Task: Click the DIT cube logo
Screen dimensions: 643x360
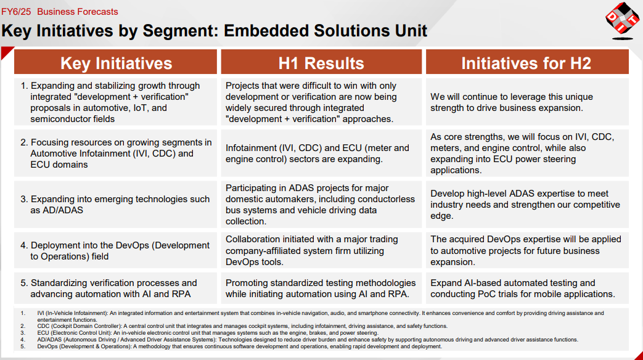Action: pyautogui.click(x=622, y=20)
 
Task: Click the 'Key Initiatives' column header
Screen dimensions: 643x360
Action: pyautogui.click(x=116, y=62)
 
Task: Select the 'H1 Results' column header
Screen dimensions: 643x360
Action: pyautogui.click(x=321, y=62)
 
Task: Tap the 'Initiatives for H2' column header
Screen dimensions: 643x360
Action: pyautogui.click(x=527, y=62)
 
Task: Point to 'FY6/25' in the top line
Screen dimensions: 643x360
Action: pyautogui.click(x=16, y=12)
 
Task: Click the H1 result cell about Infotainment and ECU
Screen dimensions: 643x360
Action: pyautogui.click(x=321, y=153)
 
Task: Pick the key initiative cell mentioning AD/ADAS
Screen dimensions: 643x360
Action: pyautogui.click(x=116, y=205)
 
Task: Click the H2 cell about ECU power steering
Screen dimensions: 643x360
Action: pyautogui.click(x=527, y=153)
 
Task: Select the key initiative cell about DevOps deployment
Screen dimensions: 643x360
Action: pyautogui.click(x=116, y=250)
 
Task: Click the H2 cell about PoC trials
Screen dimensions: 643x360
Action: pyautogui.click(x=527, y=288)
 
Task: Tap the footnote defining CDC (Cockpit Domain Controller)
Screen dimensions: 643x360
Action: pyautogui.click(x=242, y=326)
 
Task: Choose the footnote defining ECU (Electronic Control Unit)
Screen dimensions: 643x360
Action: pyautogui.click(x=208, y=333)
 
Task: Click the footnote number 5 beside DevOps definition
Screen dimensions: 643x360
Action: pyautogui.click(x=23, y=346)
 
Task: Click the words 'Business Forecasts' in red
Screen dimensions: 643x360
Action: pyautogui.click(x=78, y=12)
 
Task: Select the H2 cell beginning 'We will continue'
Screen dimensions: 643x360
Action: pyautogui.click(x=527, y=102)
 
